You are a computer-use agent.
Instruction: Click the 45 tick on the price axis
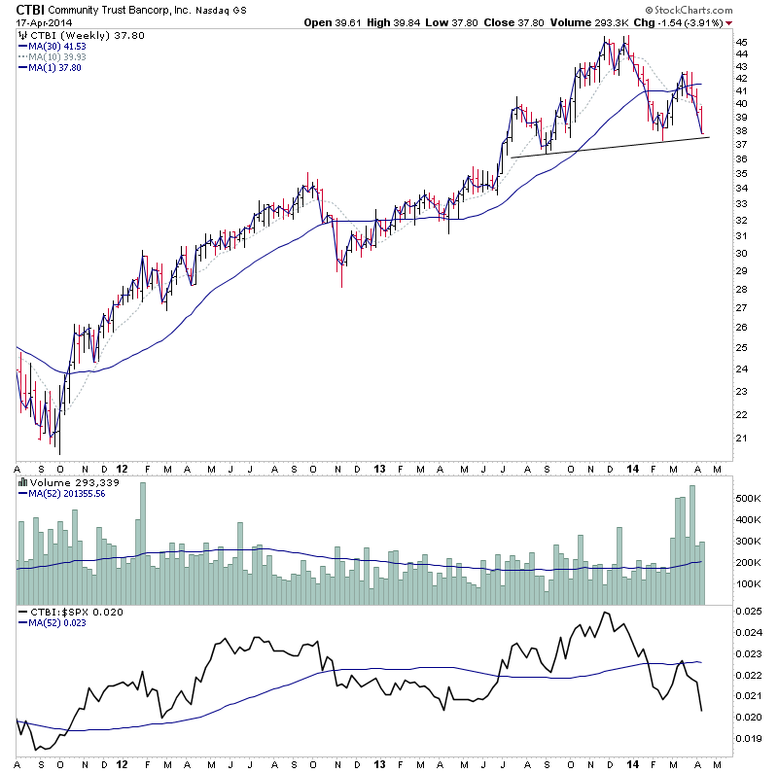coord(741,43)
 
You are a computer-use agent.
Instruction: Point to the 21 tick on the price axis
coord(741,439)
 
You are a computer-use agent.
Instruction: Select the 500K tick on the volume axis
coord(747,497)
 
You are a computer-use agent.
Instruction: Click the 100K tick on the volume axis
coord(747,585)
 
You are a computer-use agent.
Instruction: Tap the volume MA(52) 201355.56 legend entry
coord(64,492)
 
